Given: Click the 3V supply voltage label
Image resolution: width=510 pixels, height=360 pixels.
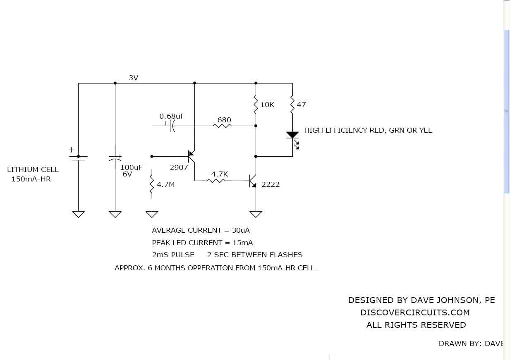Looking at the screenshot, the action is pos(134,78).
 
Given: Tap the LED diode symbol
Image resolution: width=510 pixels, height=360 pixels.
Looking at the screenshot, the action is pos(293,139).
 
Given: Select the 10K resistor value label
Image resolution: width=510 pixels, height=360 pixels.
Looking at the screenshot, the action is pos(267,105).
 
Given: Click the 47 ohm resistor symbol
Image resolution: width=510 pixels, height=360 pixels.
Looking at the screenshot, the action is pos(292,105).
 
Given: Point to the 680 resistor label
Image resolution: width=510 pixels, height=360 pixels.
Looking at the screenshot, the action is pos(224,120).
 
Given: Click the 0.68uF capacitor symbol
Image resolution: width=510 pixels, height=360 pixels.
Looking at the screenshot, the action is pos(172,126).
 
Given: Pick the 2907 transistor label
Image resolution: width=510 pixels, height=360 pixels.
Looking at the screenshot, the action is pos(179,167).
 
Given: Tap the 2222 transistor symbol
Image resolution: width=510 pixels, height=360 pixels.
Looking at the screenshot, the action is pos(253,181).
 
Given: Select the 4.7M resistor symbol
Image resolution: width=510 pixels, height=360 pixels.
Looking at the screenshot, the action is pos(152,184).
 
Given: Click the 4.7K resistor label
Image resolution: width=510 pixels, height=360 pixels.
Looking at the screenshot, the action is pos(220,174).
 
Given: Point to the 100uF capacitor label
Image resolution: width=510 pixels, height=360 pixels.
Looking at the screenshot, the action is pos(132,167).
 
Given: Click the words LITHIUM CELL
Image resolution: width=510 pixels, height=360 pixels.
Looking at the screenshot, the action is pos(33,169).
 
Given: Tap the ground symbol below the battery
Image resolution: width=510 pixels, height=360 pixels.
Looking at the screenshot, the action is pos(78,215).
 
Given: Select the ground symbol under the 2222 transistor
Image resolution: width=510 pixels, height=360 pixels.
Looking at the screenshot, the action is pos(256,215).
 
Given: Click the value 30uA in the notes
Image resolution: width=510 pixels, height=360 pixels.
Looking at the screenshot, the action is pos(241,230).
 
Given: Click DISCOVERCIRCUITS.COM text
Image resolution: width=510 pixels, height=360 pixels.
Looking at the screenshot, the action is pos(415,312).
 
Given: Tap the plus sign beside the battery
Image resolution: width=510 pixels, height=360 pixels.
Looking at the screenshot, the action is pos(71,150).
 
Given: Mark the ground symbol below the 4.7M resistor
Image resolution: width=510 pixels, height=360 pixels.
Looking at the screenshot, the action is pos(152,215).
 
